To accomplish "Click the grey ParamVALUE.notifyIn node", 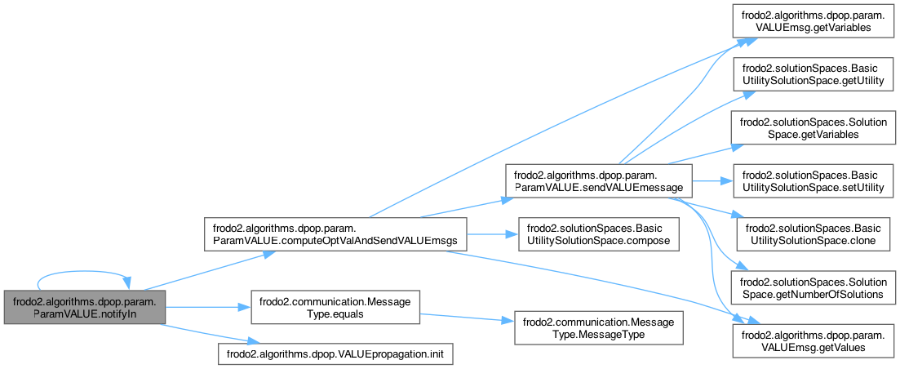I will click(85, 307).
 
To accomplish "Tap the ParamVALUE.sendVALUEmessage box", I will click(598, 180).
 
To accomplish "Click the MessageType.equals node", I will click(335, 307).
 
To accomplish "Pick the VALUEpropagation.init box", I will click(335, 354).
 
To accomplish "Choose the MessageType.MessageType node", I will click(598, 328).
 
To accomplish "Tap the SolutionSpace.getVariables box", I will click(814, 127).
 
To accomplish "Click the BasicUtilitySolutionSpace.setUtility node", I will click(814, 180).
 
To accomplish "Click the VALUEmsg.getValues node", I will click(814, 341).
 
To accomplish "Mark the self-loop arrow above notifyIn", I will click(85, 265).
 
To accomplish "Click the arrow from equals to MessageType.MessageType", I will click(465, 318).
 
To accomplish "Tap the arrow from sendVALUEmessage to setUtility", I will click(713, 180).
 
